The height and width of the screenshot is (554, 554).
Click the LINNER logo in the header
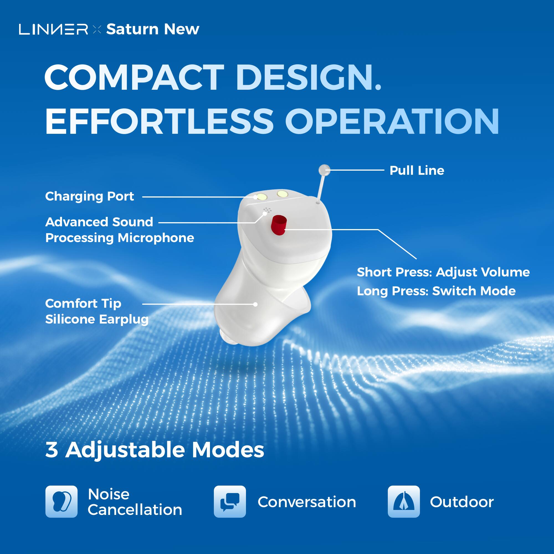[x=53, y=29]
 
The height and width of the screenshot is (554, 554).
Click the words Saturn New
[x=153, y=29]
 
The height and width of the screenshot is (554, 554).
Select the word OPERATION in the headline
[x=392, y=121]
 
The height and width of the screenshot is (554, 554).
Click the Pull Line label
[x=417, y=171]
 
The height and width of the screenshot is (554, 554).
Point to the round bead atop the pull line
[x=324, y=170]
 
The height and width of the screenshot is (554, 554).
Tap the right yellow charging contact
[x=282, y=194]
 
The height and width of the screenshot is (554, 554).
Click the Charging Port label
[x=89, y=196]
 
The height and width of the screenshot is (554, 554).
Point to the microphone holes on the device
[x=267, y=211]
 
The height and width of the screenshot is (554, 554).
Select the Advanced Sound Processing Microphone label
[x=119, y=230]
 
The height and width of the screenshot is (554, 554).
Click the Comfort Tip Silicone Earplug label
[x=97, y=311]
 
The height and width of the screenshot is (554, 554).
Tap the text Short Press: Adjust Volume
[x=443, y=272]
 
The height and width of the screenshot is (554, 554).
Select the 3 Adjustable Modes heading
[x=155, y=450]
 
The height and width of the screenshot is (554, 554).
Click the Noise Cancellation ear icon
[x=61, y=502]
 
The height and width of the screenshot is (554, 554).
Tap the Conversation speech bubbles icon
[x=230, y=502]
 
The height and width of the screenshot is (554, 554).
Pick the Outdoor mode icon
[x=404, y=502]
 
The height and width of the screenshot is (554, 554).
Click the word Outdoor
[x=462, y=502]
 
